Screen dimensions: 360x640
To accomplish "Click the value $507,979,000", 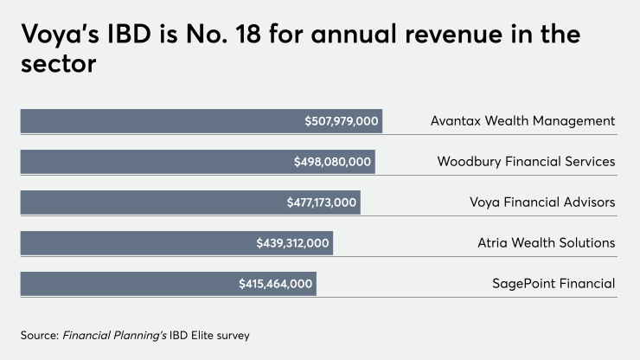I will (342, 121).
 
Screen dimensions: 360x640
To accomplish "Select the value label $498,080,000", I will (333, 162).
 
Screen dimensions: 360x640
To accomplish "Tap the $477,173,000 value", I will (322, 202).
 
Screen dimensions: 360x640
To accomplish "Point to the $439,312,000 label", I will (293, 243).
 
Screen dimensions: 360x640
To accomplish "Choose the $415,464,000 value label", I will (276, 284).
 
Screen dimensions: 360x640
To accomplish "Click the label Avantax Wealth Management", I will (522, 121).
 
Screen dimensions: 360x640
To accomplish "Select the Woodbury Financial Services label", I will (526, 162).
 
